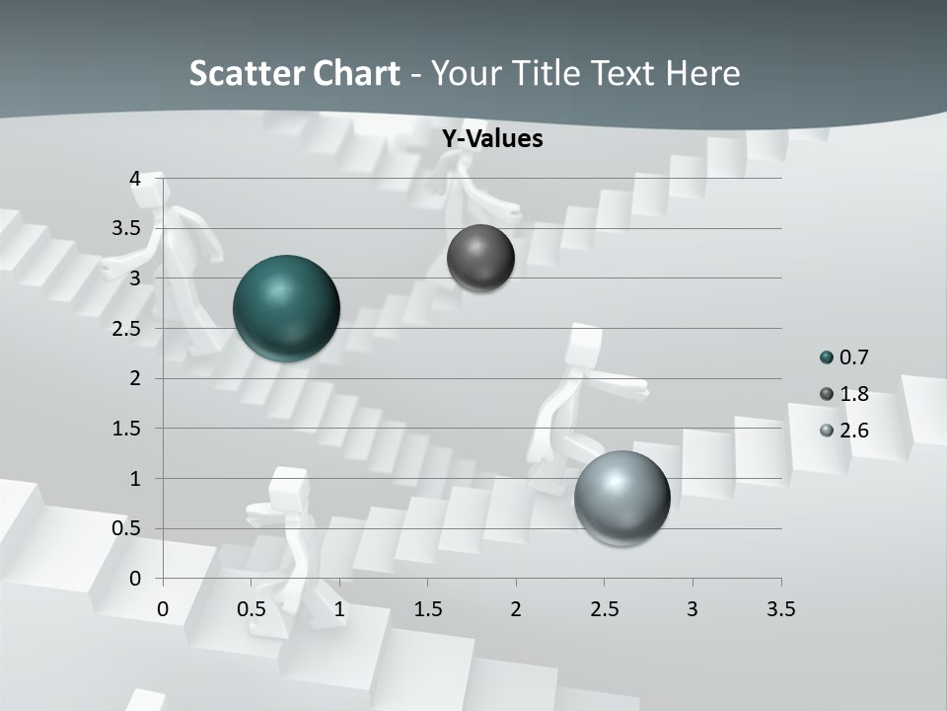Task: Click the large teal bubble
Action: click(286, 308)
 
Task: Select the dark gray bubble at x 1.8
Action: click(480, 258)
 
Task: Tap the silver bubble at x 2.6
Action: click(621, 498)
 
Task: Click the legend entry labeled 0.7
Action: click(844, 357)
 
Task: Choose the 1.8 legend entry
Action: click(844, 394)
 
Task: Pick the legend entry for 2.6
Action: click(844, 431)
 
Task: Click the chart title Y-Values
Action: click(492, 139)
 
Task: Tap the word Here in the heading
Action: click(703, 73)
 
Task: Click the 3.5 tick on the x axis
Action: click(780, 609)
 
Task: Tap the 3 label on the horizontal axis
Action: click(692, 609)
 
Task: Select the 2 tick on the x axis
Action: click(516, 609)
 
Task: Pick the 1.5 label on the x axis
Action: click(427, 609)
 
